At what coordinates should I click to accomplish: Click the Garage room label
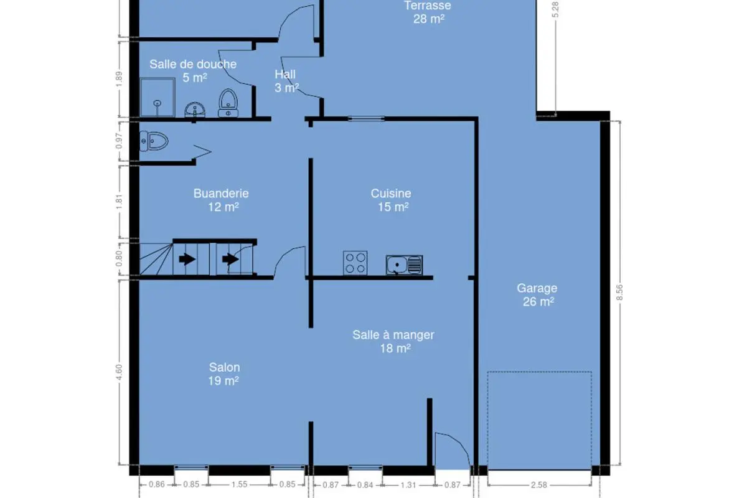point(537,295)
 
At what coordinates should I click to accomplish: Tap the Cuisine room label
point(391,200)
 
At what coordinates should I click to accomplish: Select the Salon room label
point(223,374)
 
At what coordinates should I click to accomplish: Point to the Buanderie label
point(221,200)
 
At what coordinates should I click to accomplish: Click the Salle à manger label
point(393,342)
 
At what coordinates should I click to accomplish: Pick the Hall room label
point(286,81)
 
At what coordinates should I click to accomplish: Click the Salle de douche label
point(193,71)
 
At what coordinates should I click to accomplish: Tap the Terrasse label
point(428,12)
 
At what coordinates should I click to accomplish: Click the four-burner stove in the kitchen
point(355,263)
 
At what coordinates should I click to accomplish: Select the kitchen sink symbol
point(405,265)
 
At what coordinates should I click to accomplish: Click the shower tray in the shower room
point(157,97)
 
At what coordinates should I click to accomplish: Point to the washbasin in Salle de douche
point(195,110)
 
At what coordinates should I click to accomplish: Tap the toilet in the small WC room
point(154,141)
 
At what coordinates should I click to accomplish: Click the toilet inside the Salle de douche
point(228,103)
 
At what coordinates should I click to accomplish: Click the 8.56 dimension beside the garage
point(619,293)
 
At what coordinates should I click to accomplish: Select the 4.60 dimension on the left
point(119,372)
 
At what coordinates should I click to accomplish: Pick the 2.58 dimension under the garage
point(539,485)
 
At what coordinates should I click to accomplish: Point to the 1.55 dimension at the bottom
point(240,484)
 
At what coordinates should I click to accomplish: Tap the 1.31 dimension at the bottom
point(408,485)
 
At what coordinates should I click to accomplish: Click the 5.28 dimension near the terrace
point(555,10)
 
